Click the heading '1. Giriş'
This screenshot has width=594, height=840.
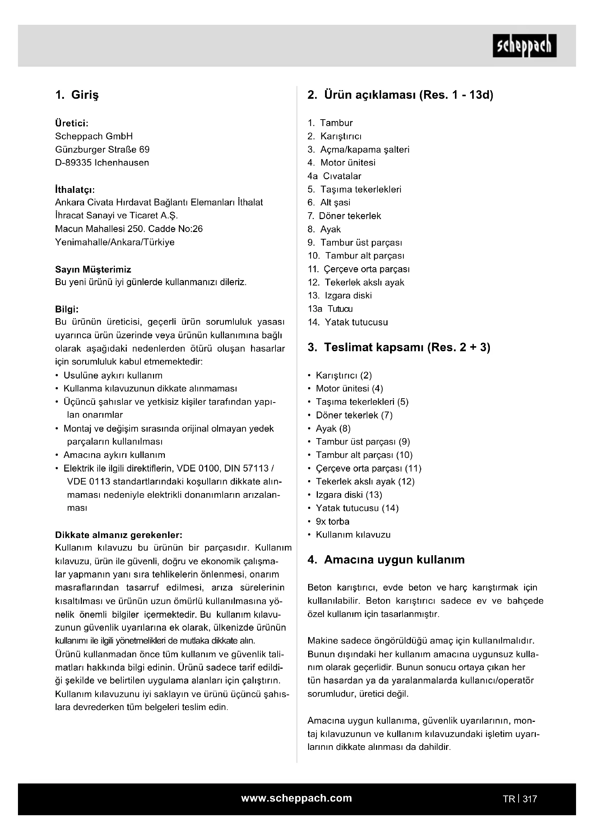click(x=77, y=95)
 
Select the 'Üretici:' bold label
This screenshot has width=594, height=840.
click(x=72, y=123)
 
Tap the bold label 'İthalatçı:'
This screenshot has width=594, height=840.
click(x=75, y=190)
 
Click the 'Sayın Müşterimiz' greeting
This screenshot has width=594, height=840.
click(x=93, y=270)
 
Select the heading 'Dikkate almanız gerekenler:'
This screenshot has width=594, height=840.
click(x=119, y=535)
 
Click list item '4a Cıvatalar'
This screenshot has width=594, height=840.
click(x=334, y=176)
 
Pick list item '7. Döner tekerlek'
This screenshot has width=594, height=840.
click(x=344, y=216)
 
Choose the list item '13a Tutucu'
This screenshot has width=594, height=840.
click(x=330, y=309)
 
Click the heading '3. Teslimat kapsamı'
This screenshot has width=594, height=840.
click(x=399, y=348)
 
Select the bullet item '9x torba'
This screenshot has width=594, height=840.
click(x=333, y=522)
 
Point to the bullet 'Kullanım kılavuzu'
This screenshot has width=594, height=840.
click(x=353, y=535)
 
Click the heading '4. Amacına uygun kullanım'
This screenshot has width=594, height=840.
click(x=386, y=560)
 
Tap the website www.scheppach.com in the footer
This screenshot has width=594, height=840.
click(x=296, y=798)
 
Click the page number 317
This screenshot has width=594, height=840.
click(x=530, y=799)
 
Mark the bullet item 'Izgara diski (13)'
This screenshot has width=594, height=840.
click(x=349, y=495)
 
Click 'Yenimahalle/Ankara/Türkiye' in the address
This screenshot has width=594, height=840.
click(x=115, y=242)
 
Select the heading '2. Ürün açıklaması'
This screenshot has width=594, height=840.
click(x=400, y=95)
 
